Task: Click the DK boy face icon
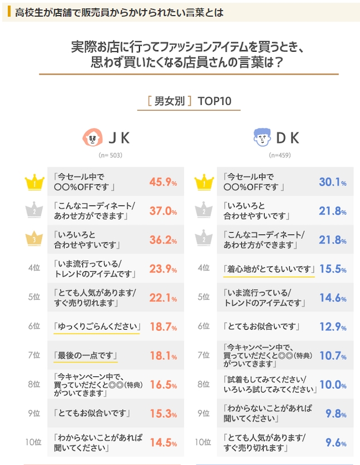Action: (261, 136)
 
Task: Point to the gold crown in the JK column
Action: (34, 182)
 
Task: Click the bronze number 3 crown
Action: (34, 239)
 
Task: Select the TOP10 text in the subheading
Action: (215, 101)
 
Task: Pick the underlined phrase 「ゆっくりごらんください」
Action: (96, 326)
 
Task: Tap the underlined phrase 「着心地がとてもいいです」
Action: (266, 269)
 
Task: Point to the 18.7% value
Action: (163, 327)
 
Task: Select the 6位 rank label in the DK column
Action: (204, 327)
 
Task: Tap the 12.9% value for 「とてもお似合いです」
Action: (333, 327)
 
